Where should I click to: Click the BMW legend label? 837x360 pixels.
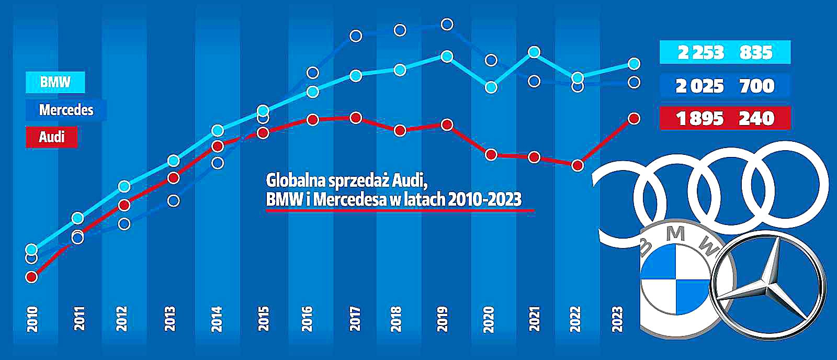pos(55,82)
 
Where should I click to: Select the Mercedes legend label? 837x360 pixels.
pos(66,110)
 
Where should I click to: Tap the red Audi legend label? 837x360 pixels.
pos(51,137)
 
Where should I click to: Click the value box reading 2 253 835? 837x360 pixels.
pos(725,52)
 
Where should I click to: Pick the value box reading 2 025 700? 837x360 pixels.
pos(725,85)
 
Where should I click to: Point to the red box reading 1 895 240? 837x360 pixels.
pos(725,118)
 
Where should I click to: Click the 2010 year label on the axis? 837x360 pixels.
pos(32,319)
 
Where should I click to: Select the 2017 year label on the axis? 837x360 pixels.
pos(355,319)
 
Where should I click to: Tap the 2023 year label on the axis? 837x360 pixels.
pos(618,319)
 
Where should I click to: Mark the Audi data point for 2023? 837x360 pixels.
pos(634,119)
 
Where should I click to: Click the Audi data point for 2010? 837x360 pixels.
pos(31,276)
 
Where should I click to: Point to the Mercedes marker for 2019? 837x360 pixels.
pos(447,24)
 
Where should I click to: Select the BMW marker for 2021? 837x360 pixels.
pos(534,52)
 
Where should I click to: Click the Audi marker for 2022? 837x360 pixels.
pos(577,165)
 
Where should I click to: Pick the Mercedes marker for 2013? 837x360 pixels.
pos(174,201)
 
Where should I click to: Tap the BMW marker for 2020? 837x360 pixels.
pos(491,87)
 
